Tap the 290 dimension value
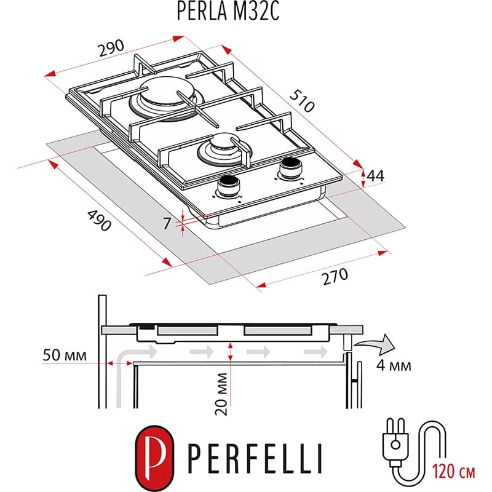tap(111, 49)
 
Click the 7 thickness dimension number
tap(167, 223)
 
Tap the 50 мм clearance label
tap(65, 355)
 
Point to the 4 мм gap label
tap(391, 366)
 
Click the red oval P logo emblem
tap(153, 454)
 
